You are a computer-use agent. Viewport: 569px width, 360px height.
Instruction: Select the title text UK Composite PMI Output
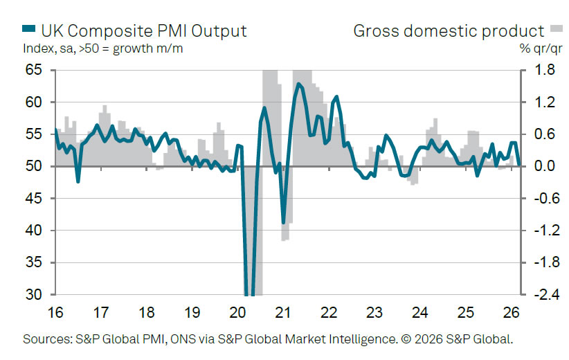click(143, 31)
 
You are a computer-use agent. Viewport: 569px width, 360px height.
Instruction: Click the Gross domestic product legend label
click(449, 31)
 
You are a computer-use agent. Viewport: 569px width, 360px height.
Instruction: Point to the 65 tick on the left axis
click(33, 71)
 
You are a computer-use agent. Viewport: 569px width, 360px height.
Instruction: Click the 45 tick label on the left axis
click(33, 199)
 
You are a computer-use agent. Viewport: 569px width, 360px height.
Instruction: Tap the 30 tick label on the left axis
click(33, 295)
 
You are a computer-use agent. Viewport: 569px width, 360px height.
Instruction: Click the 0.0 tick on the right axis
click(538, 167)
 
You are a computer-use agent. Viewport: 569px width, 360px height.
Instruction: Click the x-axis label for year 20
click(237, 312)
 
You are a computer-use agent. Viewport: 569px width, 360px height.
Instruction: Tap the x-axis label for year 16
click(55, 312)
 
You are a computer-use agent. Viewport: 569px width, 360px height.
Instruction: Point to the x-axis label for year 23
click(374, 312)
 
